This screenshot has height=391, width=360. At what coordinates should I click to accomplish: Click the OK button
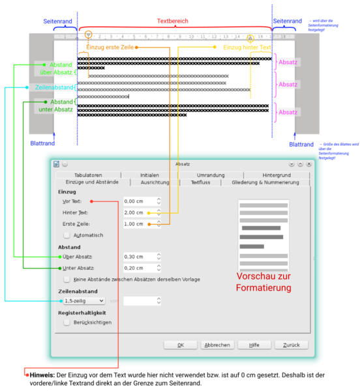181,345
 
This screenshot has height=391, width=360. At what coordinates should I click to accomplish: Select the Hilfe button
254,345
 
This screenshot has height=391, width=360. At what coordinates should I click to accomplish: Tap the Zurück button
291,345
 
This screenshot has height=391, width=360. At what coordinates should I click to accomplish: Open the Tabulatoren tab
88,175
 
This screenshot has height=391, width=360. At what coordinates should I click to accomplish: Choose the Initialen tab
149,175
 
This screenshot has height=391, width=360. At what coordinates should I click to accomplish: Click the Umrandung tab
211,175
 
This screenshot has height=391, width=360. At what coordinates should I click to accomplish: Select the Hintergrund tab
277,175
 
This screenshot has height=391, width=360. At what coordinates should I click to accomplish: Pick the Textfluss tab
200,182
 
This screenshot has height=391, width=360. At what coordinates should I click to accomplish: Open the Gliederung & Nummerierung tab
265,182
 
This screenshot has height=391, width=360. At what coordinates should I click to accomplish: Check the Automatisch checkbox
67,235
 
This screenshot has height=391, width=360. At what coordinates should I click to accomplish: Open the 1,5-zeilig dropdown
84,301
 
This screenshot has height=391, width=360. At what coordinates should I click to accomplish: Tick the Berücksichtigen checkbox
67,322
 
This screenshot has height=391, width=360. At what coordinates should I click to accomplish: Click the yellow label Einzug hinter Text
247,47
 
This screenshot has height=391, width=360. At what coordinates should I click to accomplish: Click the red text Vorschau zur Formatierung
263,282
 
